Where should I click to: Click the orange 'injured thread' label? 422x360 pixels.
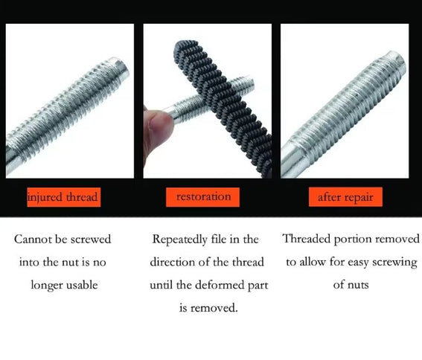click(63, 197)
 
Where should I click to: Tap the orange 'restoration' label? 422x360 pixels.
click(203, 197)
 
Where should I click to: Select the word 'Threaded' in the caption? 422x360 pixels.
click(307, 240)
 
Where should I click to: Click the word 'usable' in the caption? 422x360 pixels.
click(83, 285)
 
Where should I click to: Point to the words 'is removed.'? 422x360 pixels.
click(208, 308)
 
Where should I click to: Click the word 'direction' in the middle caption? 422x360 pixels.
click(173, 263)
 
